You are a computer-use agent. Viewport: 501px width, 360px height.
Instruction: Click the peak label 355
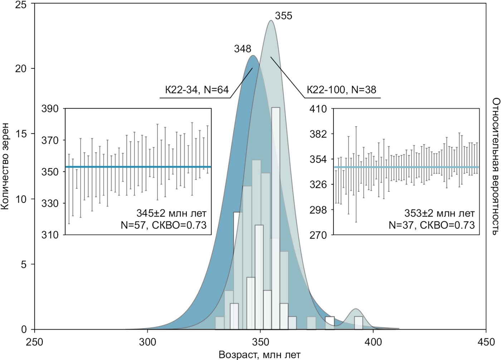[283, 16]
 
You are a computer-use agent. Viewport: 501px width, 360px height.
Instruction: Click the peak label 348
[243, 49]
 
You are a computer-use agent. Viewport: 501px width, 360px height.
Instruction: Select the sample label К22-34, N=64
[197, 90]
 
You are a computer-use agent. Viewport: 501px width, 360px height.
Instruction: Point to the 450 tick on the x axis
[486, 342]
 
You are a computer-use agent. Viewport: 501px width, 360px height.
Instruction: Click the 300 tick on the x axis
[147, 342]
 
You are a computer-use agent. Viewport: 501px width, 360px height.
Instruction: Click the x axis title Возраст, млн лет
[260, 355]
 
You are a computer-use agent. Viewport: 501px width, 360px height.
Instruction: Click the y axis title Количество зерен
[5, 167]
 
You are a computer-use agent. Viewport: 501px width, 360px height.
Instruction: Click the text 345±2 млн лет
[171, 214]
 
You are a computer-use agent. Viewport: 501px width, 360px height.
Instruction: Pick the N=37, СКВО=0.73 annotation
[432, 225]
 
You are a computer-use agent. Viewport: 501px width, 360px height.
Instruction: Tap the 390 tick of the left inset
[51, 109]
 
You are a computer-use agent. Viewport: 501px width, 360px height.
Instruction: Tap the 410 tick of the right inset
[318, 109]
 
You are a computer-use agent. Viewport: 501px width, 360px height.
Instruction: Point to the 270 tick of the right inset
[318, 235]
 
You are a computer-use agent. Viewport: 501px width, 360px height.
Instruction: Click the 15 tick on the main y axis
[21, 134]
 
